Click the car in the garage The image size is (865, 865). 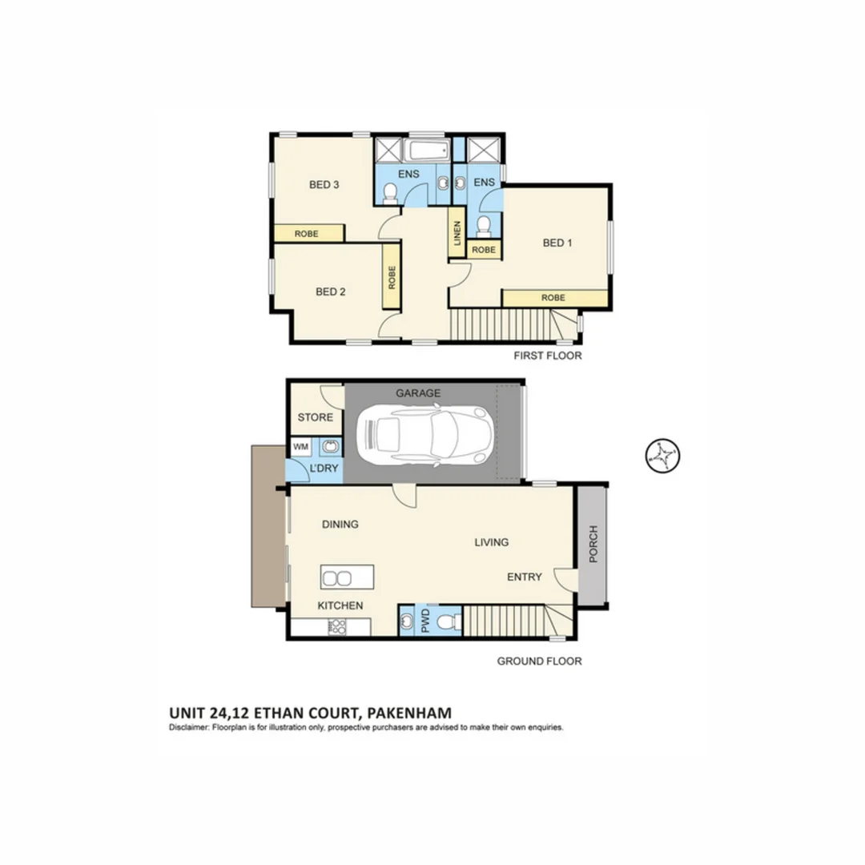click(x=425, y=435)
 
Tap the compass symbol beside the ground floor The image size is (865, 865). click(x=662, y=457)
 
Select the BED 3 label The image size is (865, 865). click(x=324, y=185)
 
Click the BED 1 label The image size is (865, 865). click(x=557, y=242)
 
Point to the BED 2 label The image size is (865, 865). click(x=330, y=292)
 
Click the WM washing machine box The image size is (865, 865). click(x=301, y=446)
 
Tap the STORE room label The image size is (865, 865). click(x=315, y=417)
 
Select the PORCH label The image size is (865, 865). click(x=593, y=544)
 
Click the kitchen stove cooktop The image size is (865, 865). click(x=336, y=627)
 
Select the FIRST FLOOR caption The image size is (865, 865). click(x=548, y=356)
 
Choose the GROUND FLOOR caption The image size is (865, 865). click(x=539, y=661)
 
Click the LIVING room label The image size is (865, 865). click(x=491, y=542)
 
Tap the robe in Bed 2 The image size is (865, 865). click(x=391, y=277)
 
